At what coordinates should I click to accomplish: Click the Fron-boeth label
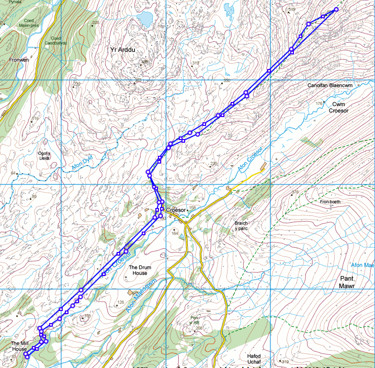point(330,201)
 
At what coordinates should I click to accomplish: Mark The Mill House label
point(19,346)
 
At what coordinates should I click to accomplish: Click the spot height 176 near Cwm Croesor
point(319,104)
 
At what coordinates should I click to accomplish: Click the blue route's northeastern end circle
point(336,9)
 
